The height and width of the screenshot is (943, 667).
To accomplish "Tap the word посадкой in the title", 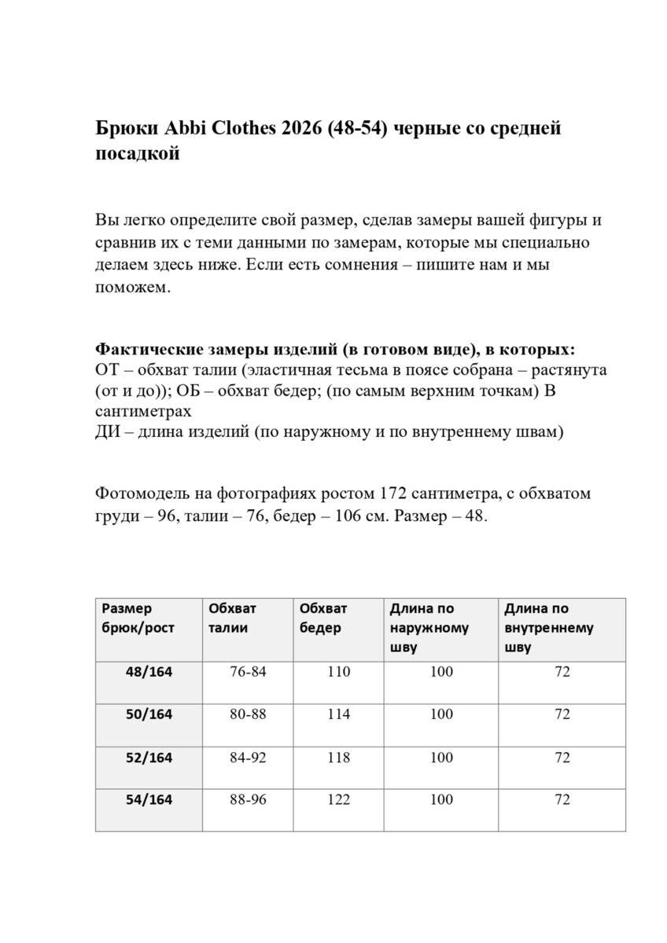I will pyautogui.click(x=137, y=154).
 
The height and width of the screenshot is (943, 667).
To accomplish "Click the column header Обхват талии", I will pyautogui.click(x=232, y=618).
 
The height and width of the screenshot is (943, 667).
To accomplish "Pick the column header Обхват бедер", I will pyautogui.click(x=323, y=618).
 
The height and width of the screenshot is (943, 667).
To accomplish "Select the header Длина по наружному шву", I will pyautogui.click(x=429, y=628).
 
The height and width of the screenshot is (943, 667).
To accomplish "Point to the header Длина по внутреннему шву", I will pyautogui.click(x=548, y=628).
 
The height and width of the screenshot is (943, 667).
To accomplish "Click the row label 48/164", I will pyautogui.click(x=149, y=672).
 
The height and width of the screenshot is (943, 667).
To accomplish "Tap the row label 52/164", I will pyautogui.click(x=149, y=758).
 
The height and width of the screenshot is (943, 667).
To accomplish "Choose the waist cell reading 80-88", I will pyautogui.click(x=248, y=714).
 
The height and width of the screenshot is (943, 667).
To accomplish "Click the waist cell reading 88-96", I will pyautogui.click(x=248, y=800).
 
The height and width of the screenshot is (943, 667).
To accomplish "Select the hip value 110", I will pyautogui.click(x=339, y=672).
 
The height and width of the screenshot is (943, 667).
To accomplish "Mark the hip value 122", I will pyautogui.click(x=339, y=800).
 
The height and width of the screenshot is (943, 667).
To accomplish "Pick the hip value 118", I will pyautogui.click(x=339, y=758).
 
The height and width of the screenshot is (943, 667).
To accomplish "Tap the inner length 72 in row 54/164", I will pyautogui.click(x=562, y=800).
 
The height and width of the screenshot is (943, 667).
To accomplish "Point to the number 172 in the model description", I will pyautogui.click(x=394, y=494).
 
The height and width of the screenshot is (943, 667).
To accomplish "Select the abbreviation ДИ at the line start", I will pyautogui.click(x=107, y=433).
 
